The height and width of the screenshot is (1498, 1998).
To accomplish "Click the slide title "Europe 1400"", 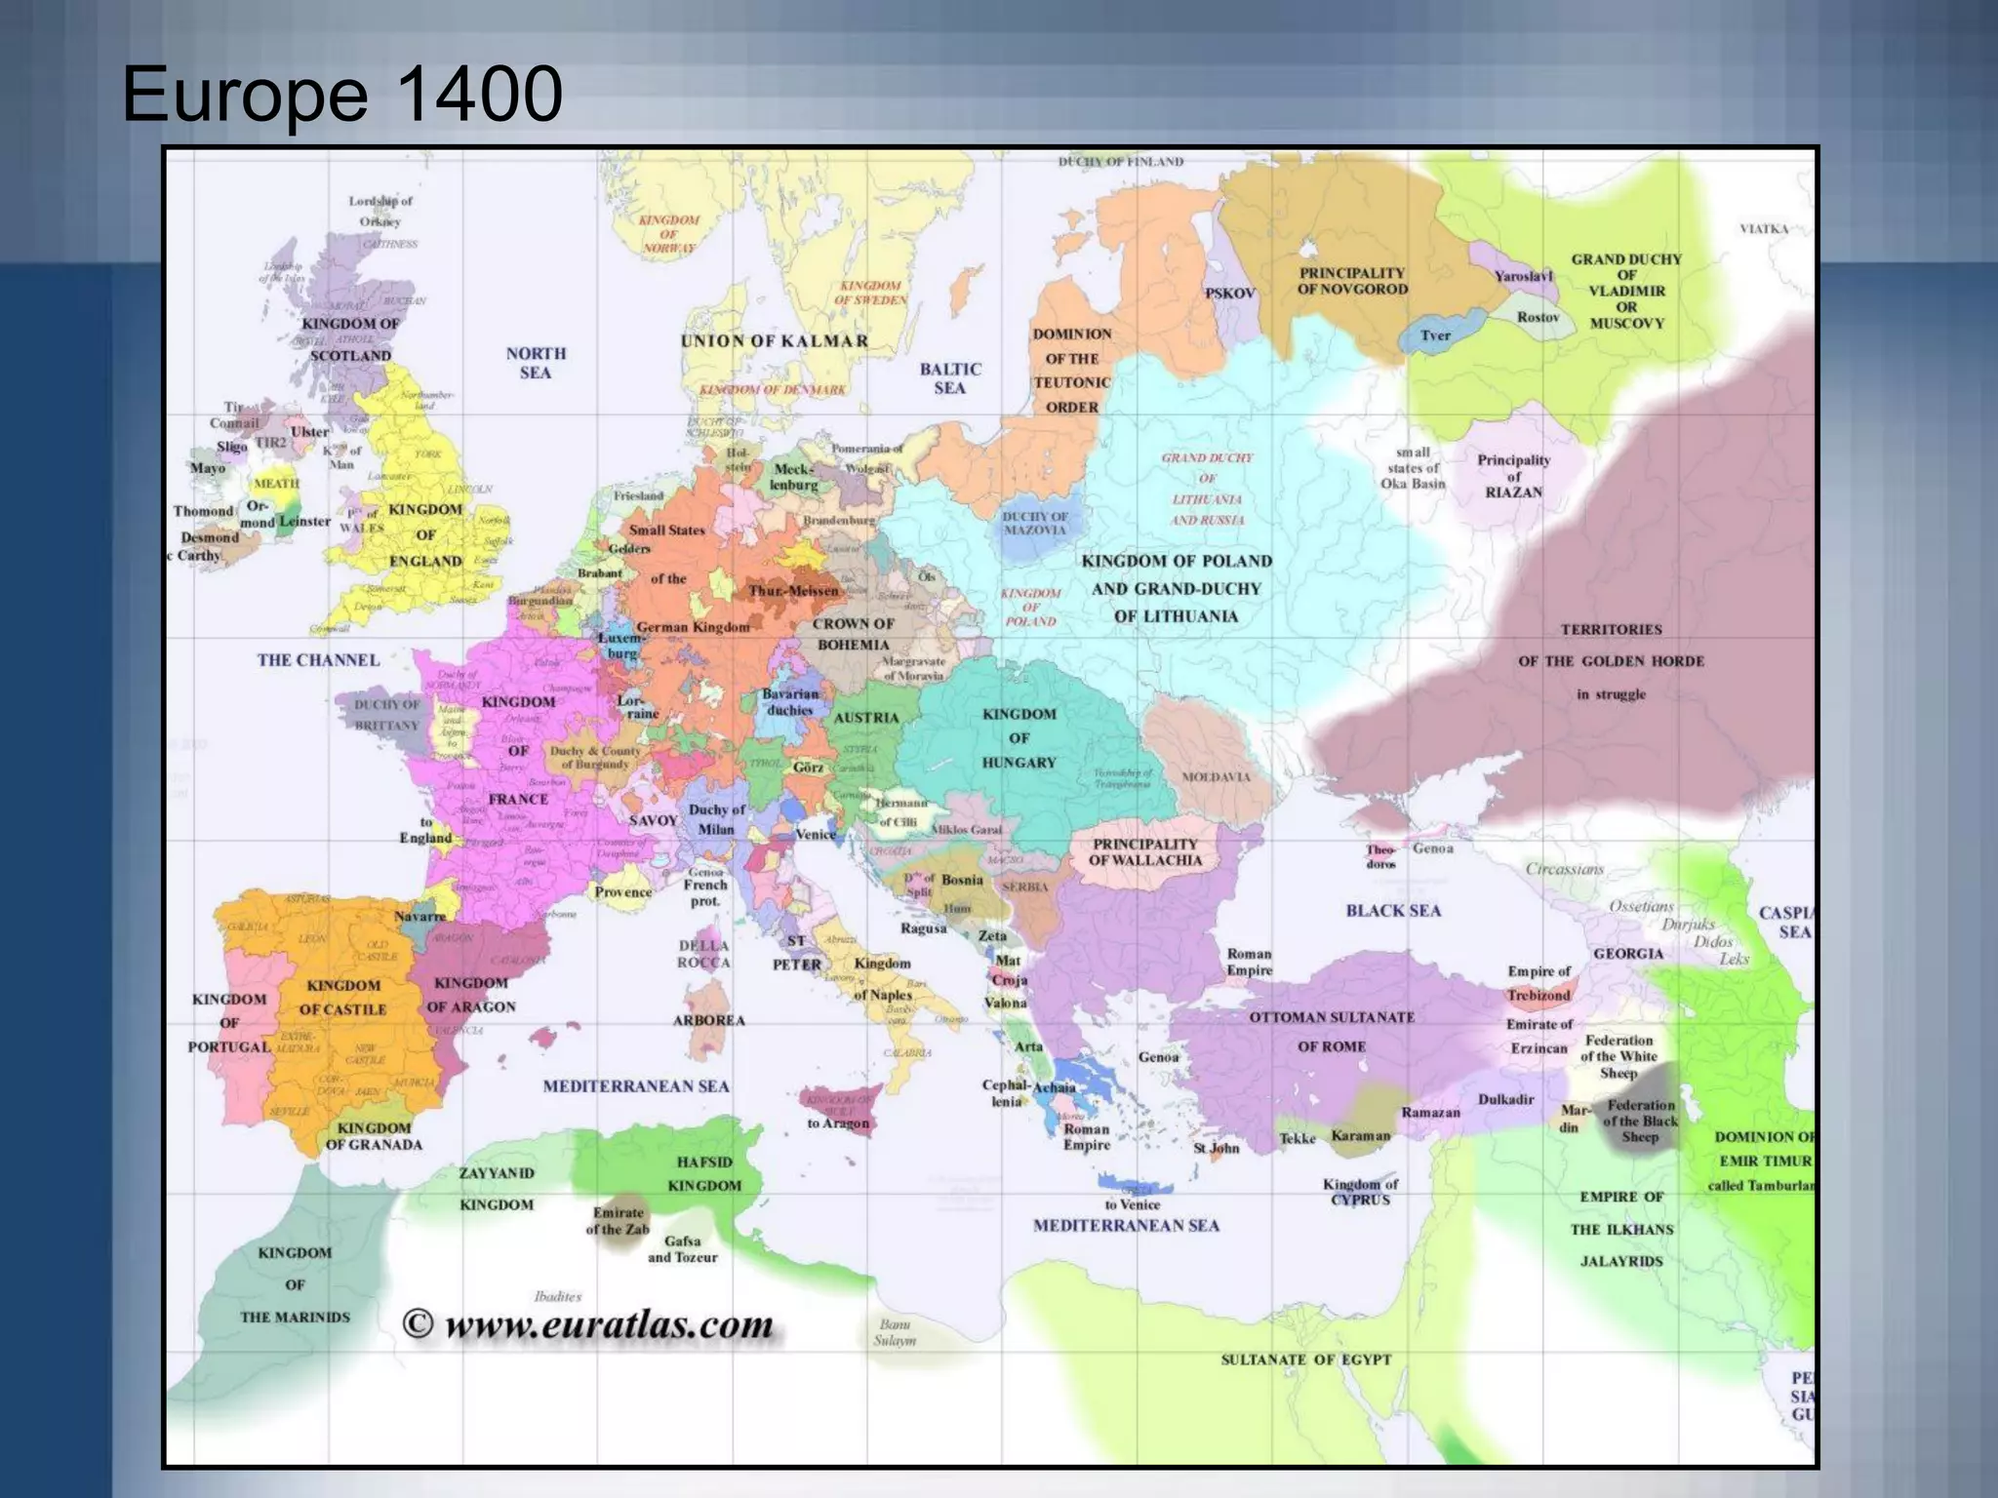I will point(341,94).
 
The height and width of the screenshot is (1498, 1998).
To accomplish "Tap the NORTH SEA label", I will point(536,363).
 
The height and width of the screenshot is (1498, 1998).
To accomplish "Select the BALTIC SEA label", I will point(949,378).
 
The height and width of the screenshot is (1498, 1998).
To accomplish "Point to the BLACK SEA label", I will point(1392,911).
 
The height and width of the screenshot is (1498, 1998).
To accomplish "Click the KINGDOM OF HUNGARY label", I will point(1019,738).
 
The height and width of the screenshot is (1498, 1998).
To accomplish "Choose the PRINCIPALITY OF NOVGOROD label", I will point(1352,281).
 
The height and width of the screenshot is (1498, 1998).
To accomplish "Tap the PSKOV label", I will point(1230,294).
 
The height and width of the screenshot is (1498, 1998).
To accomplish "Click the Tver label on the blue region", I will point(1435,335).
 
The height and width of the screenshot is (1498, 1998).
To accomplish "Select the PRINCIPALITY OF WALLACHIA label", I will point(1144,851).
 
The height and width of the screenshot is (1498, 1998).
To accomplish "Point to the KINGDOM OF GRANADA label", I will point(374,1136).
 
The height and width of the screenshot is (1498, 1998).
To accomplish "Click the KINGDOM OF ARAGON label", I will point(471,995).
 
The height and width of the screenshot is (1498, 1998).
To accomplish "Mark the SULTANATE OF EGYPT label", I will point(1305,1360).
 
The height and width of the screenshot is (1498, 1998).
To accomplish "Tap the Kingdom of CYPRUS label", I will point(1360,1192).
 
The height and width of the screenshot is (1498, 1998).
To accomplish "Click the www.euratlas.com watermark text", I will point(609,1325).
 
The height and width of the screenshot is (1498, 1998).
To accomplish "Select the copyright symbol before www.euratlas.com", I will point(418,1324).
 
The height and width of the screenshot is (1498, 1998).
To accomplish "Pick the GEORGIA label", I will point(1627,954).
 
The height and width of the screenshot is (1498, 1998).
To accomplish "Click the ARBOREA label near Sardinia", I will point(708,1021).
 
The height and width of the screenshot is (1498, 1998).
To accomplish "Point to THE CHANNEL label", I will point(318,660).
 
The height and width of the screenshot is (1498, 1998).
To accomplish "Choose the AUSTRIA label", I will point(865,718).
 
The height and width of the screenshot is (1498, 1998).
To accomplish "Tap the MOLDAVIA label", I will point(1216,777).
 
